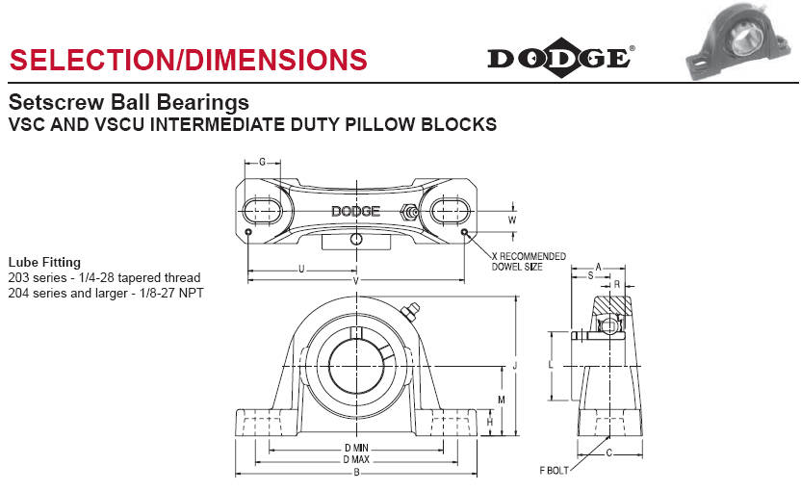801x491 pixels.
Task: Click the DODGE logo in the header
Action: point(559,58)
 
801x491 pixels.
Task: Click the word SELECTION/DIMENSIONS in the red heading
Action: point(188,59)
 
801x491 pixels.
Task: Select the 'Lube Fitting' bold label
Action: point(44,262)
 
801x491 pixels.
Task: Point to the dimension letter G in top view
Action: point(262,162)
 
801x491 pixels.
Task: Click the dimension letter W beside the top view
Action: point(512,220)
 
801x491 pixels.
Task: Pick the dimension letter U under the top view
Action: point(301,269)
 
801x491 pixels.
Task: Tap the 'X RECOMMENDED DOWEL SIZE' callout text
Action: point(529,261)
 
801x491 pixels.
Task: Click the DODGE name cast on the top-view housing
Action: point(355,212)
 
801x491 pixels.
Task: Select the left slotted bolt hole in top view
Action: point(262,211)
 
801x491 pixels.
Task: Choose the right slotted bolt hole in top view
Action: point(450,211)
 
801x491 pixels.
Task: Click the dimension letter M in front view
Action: point(502,399)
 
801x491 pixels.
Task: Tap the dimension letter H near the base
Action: point(490,422)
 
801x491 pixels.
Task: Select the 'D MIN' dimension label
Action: point(356,448)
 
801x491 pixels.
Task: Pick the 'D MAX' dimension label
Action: point(356,459)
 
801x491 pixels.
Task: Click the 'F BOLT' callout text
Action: point(555,471)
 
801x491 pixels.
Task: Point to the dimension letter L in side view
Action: point(550,366)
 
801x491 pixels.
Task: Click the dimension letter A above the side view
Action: point(598,267)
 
